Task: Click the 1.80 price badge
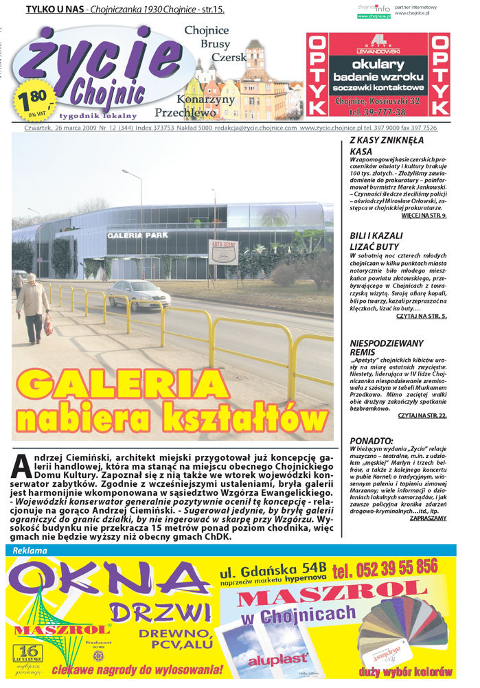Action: click(x=30, y=99)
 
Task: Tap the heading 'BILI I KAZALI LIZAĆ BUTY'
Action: click(x=378, y=240)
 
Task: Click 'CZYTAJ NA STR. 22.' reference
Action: click(x=422, y=415)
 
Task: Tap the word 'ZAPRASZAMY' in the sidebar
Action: click(x=428, y=518)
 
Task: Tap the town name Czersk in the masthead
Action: click(x=229, y=58)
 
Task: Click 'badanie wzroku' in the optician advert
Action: click(x=378, y=76)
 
